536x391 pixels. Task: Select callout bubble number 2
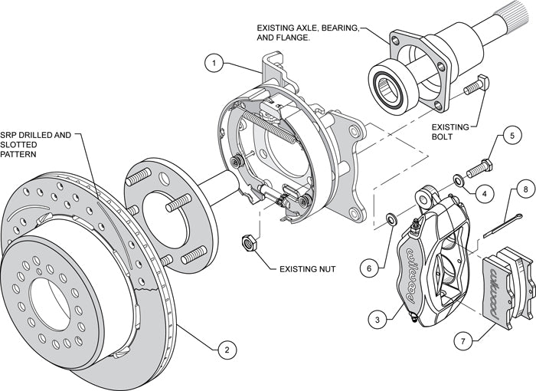224,350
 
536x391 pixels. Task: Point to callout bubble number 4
485,193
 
